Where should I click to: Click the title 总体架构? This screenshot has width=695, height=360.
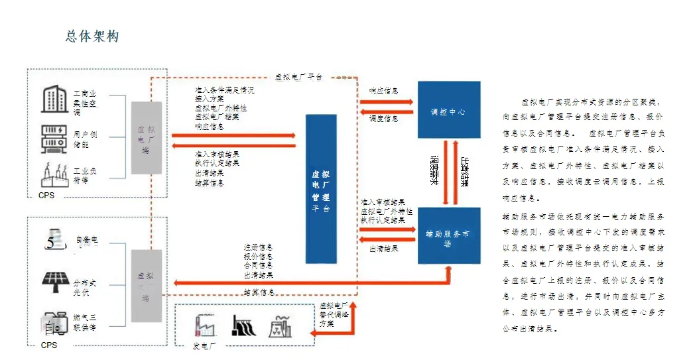pos(92,36)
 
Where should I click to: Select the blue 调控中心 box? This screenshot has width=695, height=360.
pos(449,110)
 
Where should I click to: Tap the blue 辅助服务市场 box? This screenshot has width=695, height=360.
pos(449,236)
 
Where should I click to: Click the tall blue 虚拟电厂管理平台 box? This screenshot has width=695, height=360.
pos(321,188)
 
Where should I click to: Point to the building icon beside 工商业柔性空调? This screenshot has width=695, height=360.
pos(55,99)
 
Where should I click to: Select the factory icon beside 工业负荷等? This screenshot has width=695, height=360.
pos(55,174)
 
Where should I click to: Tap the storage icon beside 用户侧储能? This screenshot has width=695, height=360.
pos(55,137)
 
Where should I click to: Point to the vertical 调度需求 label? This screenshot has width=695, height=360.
pos(435,170)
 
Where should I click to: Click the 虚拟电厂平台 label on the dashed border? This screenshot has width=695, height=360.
pos(299,77)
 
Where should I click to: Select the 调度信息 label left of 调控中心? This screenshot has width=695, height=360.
pos(384,118)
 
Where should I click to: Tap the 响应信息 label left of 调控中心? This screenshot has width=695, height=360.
pos(384,91)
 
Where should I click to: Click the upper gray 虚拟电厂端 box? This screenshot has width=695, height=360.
pos(147,138)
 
